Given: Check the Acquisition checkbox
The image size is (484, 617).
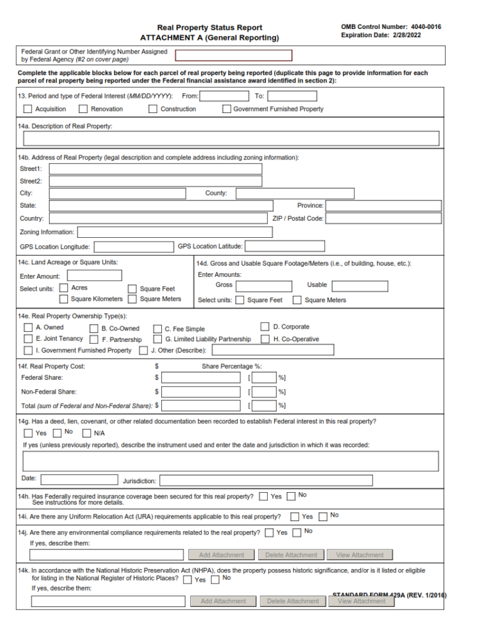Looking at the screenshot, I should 28,109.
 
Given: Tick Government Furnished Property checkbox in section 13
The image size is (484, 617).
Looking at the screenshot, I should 226,109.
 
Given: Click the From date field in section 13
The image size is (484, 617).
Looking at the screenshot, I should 224,97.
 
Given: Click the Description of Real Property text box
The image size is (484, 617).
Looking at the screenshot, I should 231,139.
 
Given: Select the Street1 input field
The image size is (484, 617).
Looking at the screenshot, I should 156,169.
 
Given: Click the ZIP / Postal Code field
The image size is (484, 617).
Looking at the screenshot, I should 383,218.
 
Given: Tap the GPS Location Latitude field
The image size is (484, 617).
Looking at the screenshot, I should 285,246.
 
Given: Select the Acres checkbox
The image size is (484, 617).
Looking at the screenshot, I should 64,288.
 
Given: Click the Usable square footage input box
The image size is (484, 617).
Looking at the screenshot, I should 360,286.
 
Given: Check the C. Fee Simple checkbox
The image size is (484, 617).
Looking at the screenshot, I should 158,329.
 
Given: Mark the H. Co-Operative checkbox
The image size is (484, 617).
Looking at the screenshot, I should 265,339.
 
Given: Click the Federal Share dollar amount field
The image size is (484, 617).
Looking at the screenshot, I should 201,378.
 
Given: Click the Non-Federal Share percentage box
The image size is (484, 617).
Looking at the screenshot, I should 264,392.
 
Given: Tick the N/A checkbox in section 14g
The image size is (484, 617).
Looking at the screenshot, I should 86,433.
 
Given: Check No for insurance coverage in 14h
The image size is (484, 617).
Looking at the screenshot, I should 291,497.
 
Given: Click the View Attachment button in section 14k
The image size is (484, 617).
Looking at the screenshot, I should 361,601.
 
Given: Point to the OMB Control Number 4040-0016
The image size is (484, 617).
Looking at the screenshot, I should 391,27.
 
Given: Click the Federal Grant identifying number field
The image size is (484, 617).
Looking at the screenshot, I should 233,56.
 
